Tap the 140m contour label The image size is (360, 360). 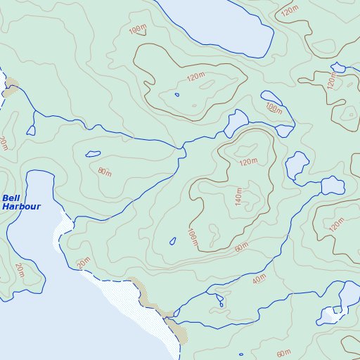(238, 197)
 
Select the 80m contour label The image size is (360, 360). (105, 172)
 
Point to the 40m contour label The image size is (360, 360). (259, 280)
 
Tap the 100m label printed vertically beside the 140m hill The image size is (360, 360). (192, 238)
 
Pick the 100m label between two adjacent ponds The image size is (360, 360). (274, 108)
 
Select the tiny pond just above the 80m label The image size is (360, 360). (92, 154)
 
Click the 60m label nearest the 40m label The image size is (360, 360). (242, 247)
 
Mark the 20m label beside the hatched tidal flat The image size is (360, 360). (84, 263)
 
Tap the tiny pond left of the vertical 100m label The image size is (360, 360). (173, 242)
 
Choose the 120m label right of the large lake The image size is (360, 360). (288, 12)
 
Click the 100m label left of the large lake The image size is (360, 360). (138, 30)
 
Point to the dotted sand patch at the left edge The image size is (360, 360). (11, 91)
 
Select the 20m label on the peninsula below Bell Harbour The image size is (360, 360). (19, 271)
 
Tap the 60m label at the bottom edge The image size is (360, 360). (283, 352)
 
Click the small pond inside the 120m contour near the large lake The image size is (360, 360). (176, 95)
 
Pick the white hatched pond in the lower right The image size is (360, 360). (329, 314)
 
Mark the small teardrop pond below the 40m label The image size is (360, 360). (220, 302)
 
